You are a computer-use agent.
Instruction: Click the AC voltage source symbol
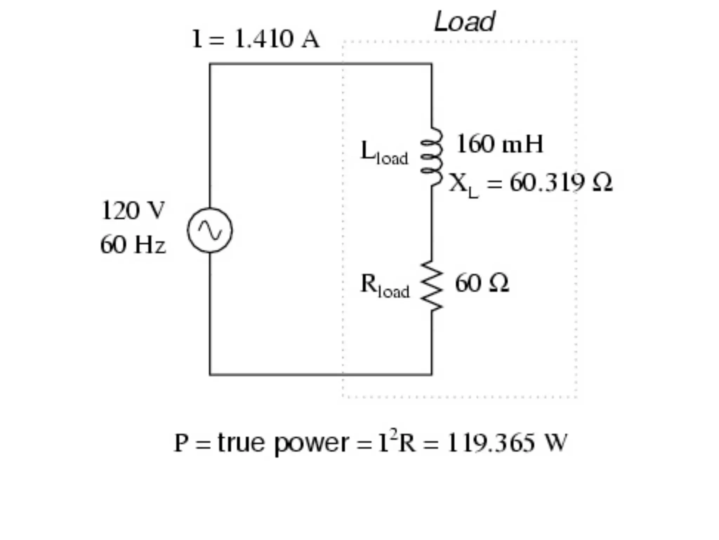tap(210, 230)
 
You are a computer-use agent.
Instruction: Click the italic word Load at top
tap(464, 22)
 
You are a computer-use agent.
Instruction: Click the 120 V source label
tap(133, 211)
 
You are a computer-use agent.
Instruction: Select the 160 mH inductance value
tap(500, 144)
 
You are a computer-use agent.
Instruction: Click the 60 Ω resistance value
tap(482, 283)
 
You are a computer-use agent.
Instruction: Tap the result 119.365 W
tap(507, 443)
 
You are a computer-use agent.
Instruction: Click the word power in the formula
tap(311, 444)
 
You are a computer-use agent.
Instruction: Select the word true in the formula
tap(241, 442)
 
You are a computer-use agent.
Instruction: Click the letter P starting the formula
tap(181, 443)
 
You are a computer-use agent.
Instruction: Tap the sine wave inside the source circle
tap(210, 231)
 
